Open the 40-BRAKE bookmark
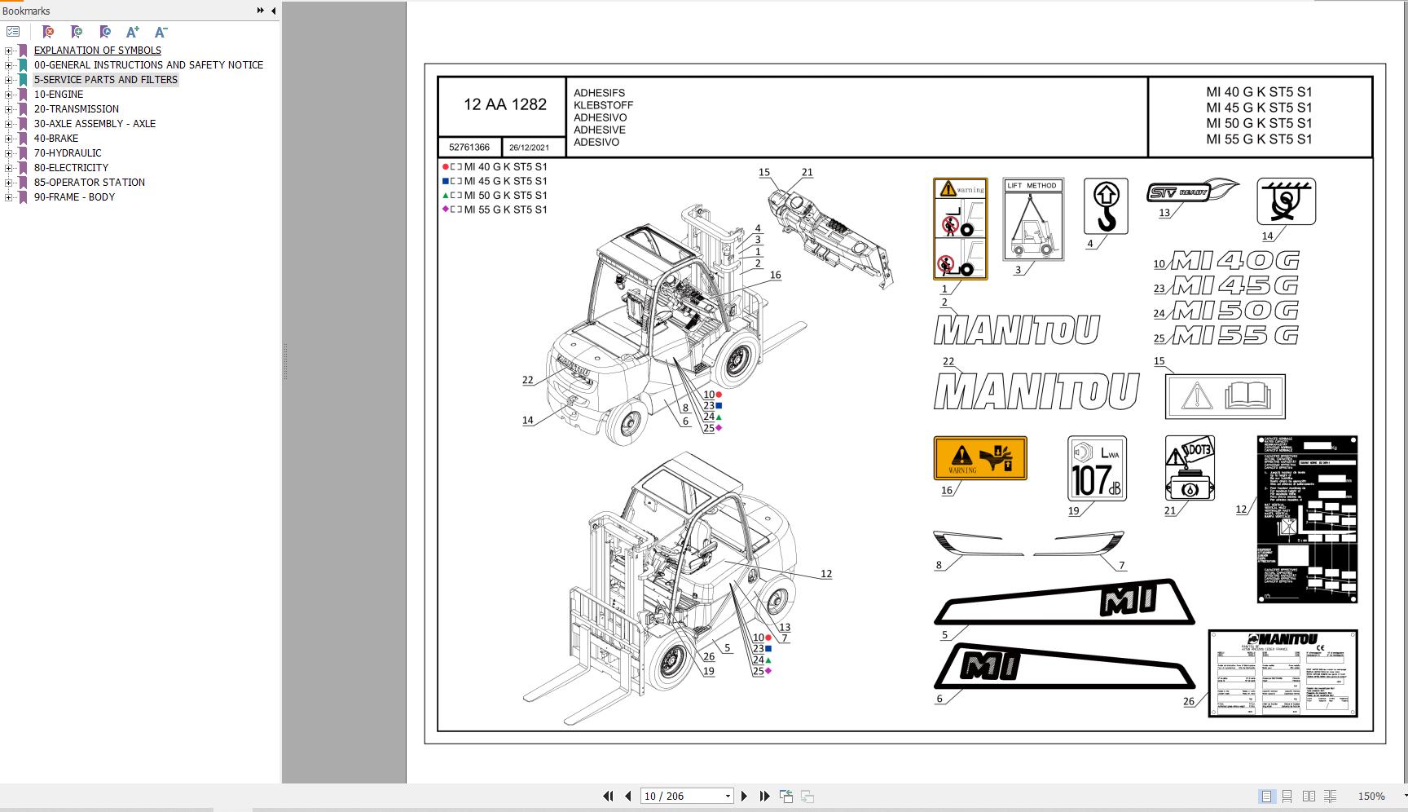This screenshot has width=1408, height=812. coord(55,139)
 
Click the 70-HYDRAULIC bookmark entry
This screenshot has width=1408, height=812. coord(68,153)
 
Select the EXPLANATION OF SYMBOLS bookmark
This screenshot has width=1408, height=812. coord(97,51)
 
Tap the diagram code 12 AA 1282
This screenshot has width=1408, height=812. coord(504,104)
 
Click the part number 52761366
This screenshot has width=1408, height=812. coord(469,148)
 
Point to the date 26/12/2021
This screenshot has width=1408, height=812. coord(529,148)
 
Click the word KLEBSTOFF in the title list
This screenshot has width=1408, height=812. coord(603,105)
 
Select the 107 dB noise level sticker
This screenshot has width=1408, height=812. coord(1097,469)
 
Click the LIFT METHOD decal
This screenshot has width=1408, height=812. coord(1032,219)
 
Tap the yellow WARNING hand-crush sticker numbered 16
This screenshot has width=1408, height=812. coord(979,457)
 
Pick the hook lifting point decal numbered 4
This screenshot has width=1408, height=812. coord(1106,206)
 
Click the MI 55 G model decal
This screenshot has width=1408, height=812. coord(1234,336)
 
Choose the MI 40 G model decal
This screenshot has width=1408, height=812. coord(1234,261)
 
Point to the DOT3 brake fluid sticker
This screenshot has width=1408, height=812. coord(1190,468)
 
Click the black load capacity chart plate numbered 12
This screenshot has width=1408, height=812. coord(1307,519)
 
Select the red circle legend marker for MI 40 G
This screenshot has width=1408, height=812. coord(446,167)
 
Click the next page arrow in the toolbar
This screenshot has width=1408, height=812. coord(744,797)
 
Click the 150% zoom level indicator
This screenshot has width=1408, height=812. coord(1371,797)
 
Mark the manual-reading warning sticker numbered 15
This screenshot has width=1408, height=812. coord(1225,397)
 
